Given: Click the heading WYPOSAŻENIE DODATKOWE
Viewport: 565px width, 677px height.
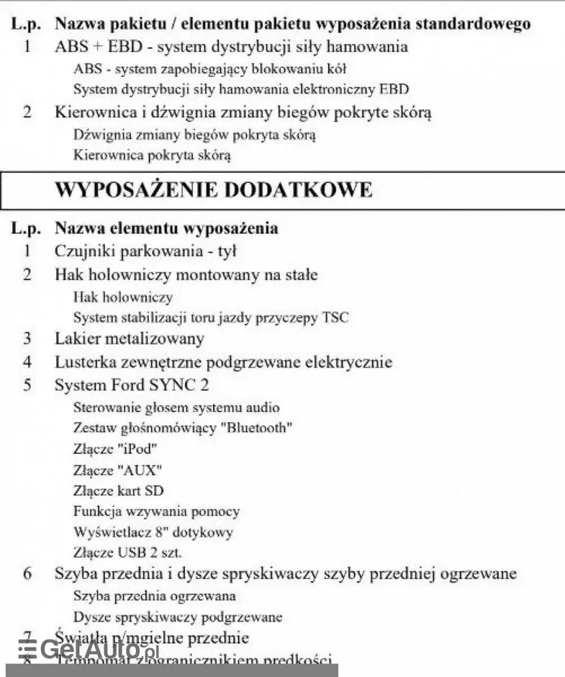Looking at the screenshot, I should pyautogui.click(x=214, y=189).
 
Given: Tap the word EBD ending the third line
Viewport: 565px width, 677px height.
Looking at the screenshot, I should pyautogui.click(x=394, y=89).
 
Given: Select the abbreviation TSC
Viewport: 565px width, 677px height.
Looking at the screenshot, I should pyautogui.click(x=335, y=317).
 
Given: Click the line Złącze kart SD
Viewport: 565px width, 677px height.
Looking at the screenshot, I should pyautogui.click(x=119, y=490).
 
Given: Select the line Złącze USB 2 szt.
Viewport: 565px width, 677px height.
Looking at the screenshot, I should pyautogui.click(x=127, y=553).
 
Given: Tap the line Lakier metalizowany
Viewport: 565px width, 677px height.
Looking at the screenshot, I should pyautogui.click(x=130, y=338).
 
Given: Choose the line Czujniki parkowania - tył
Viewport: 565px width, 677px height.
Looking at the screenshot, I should pyautogui.click(x=146, y=251).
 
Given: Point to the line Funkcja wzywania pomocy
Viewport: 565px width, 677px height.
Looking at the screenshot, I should pyautogui.click(x=156, y=511).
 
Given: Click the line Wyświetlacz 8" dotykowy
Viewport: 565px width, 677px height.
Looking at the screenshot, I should pyautogui.click(x=153, y=532).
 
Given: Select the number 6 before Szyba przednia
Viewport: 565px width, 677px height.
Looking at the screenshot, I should pyautogui.click(x=27, y=574).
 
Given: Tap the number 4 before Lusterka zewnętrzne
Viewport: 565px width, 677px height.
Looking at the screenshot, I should pyautogui.click(x=27, y=362).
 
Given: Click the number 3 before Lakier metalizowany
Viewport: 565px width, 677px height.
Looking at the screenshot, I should pyautogui.click(x=27, y=338).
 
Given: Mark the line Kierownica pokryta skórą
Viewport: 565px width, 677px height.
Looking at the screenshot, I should pyautogui.click(x=152, y=155).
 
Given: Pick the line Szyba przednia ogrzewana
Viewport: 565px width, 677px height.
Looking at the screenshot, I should pyautogui.click(x=155, y=596).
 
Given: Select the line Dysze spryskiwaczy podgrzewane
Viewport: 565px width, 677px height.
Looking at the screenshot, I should pyautogui.click(x=178, y=617).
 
